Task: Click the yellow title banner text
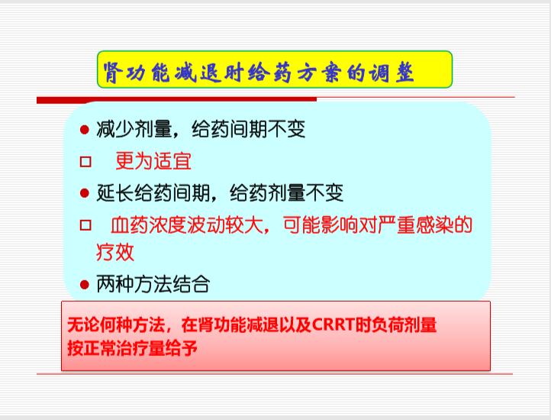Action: tap(258, 73)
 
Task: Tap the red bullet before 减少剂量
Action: tap(85, 130)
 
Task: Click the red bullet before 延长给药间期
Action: tap(85, 193)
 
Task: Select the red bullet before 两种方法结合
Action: tap(85, 284)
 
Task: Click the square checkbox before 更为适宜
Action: tap(85, 162)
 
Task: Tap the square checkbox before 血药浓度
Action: tap(85, 225)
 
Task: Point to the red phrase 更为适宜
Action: tap(153, 161)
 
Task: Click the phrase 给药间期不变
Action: tap(249, 129)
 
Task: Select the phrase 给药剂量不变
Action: tap(286, 192)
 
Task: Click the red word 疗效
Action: tap(115, 252)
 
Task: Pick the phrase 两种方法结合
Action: tap(153, 284)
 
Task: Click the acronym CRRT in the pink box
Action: tap(333, 325)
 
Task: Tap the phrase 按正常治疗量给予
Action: tap(132, 348)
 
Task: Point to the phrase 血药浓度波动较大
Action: tap(187, 225)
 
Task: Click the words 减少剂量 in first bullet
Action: tap(134, 129)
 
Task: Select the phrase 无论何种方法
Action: tap(116, 325)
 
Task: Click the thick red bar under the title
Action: tap(176, 100)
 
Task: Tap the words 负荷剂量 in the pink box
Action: tap(404, 325)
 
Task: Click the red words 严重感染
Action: tap(415, 225)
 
